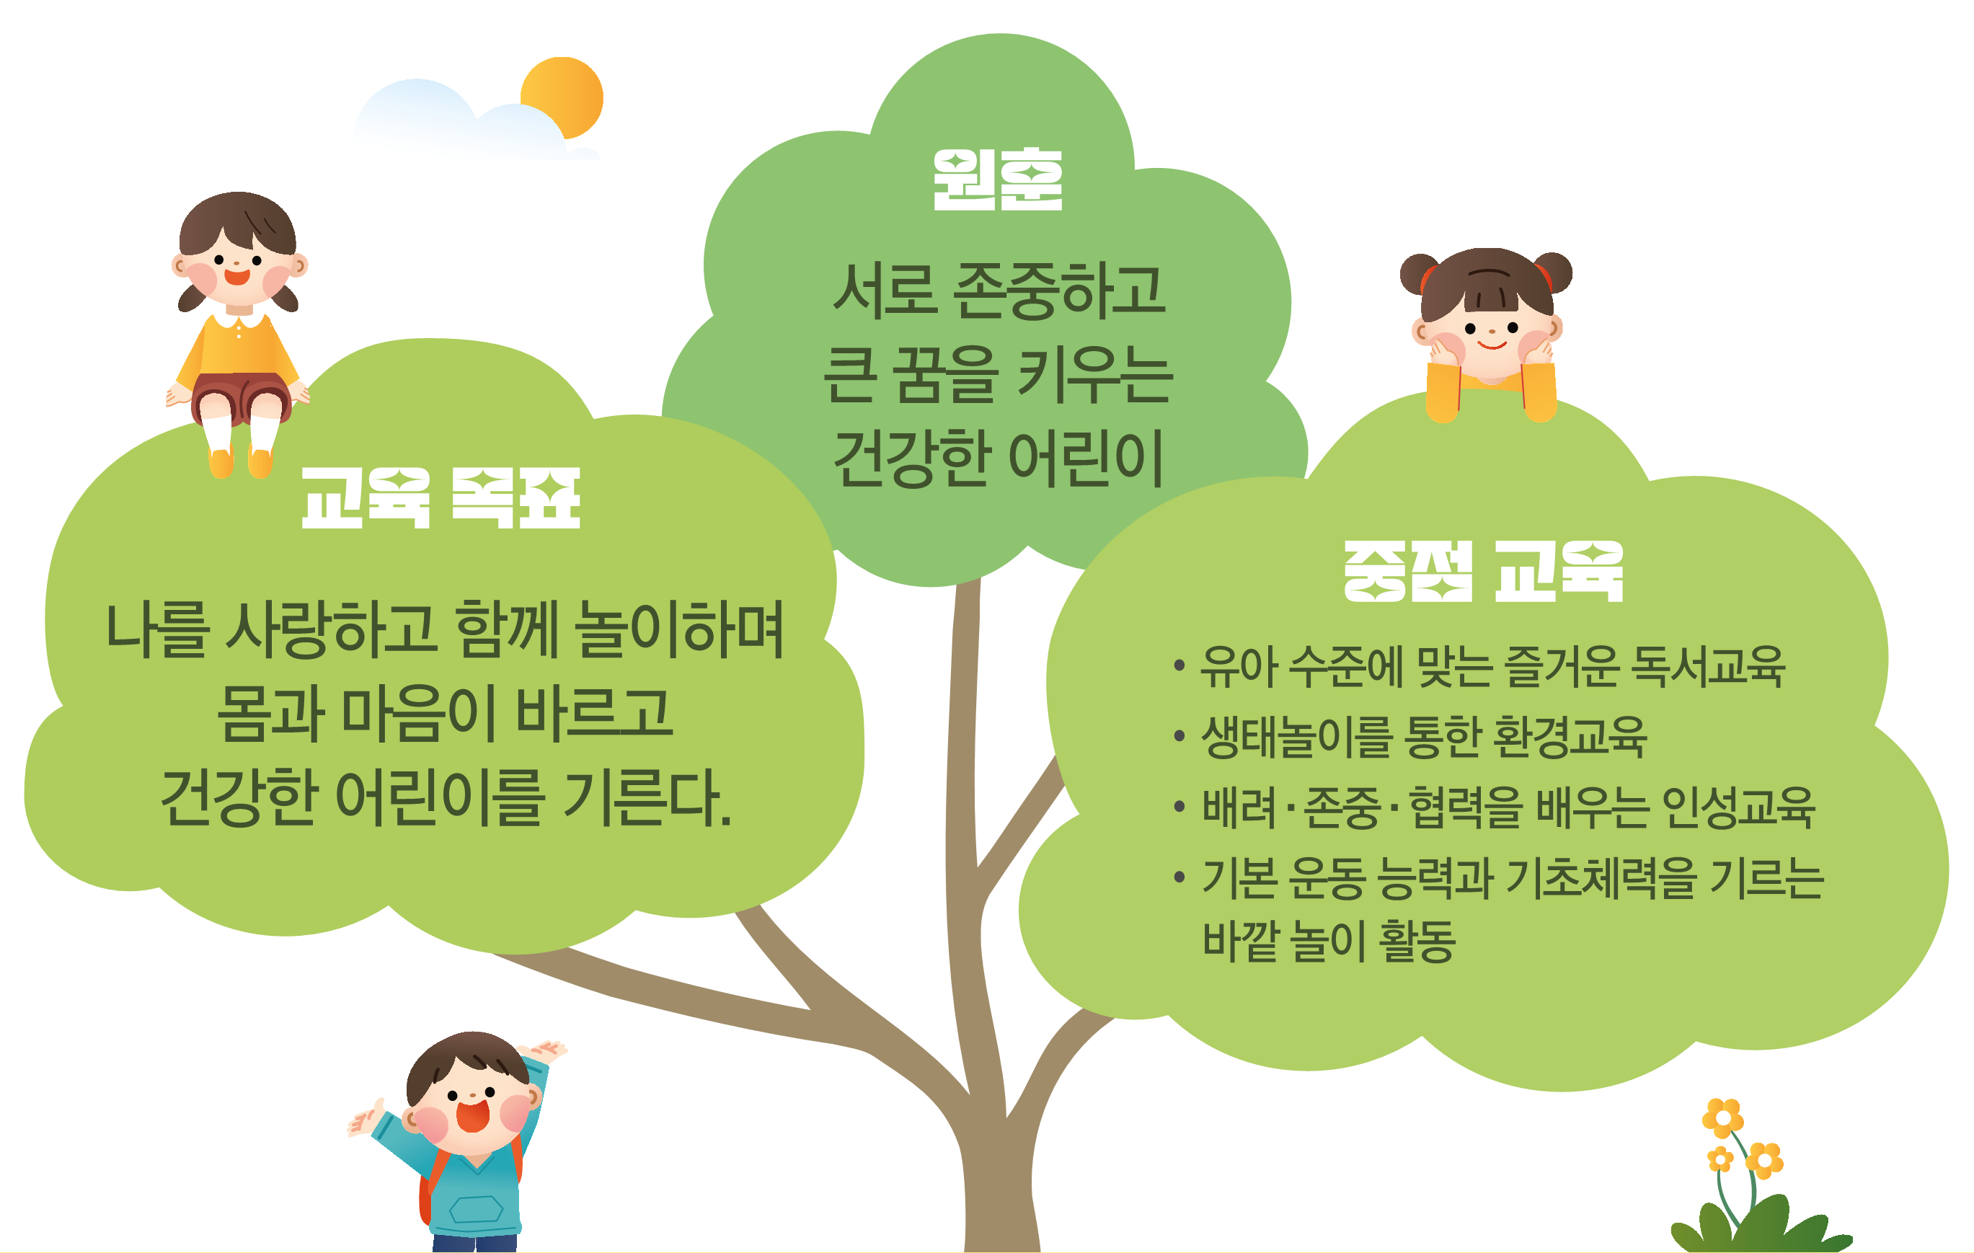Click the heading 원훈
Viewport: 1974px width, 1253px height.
[x=998, y=180]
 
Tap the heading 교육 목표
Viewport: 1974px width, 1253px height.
[x=441, y=498]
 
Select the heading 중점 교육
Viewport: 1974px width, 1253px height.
[x=1484, y=571]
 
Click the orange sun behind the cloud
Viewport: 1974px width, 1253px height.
[x=564, y=97]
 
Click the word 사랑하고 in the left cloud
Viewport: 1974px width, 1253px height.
[x=330, y=629]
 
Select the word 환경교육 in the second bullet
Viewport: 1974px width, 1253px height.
[x=1570, y=736]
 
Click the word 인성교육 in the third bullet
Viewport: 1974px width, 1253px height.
[x=1738, y=807]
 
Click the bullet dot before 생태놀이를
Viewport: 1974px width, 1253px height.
[x=1179, y=736]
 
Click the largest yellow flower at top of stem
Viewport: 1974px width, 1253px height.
[x=1722, y=1117]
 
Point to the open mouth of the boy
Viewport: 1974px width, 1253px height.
[x=473, y=1115]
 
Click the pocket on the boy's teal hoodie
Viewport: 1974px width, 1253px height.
[x=475, y=1210]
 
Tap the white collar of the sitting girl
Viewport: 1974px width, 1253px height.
[x=239, y=318]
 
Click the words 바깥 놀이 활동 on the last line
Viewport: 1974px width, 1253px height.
[x=1329, y=940]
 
